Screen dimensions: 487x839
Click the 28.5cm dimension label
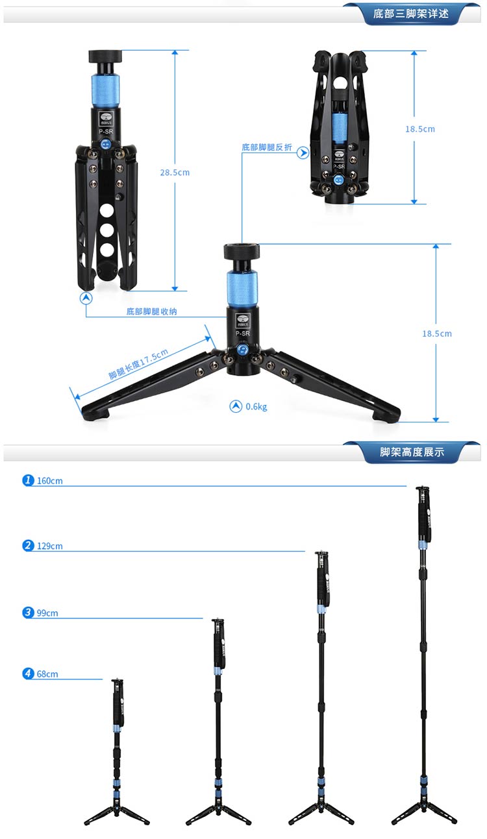[175, 173]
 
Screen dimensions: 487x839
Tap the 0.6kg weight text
[256, 407]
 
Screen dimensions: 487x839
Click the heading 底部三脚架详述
[411, 14]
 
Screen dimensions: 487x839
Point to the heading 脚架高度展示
[412, 452]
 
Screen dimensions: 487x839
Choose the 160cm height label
[50, 481]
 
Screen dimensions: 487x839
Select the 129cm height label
[50, 546]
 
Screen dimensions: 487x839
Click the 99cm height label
[47, 613]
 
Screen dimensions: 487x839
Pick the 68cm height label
[47, 674]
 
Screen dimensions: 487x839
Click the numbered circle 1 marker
[28, 480]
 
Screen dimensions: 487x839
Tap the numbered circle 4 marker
[28, 674]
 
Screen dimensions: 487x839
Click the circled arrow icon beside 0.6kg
[236, 406]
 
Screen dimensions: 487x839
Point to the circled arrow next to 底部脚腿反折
[303, 153]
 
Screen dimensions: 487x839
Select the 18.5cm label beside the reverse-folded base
[420, 129]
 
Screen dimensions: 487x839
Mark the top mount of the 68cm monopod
[117, 683]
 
